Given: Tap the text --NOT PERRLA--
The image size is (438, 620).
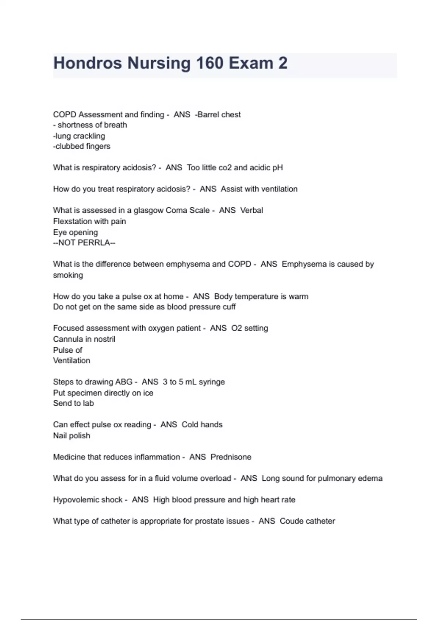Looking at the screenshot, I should pyautogui.click(x=84, y=243).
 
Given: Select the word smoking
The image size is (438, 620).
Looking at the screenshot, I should pyautogui.click(x=68, y=275).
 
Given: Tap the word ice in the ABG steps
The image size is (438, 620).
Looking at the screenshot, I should pyautogui.click(x=148, y=393).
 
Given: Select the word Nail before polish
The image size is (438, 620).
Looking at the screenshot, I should pyautogui.click(x=60, y=435).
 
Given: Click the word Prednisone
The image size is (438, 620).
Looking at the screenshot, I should pyautogui.click(x=231, y=457).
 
